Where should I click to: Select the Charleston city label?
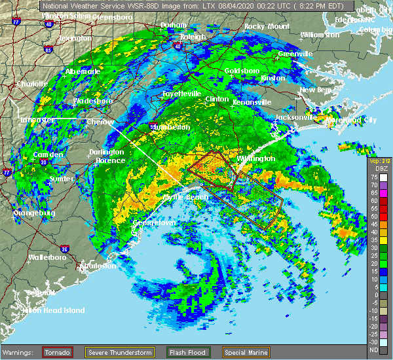(x=99, y=266)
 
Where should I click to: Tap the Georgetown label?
(x=155, y=223)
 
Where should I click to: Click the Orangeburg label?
(x=35, y=213)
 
